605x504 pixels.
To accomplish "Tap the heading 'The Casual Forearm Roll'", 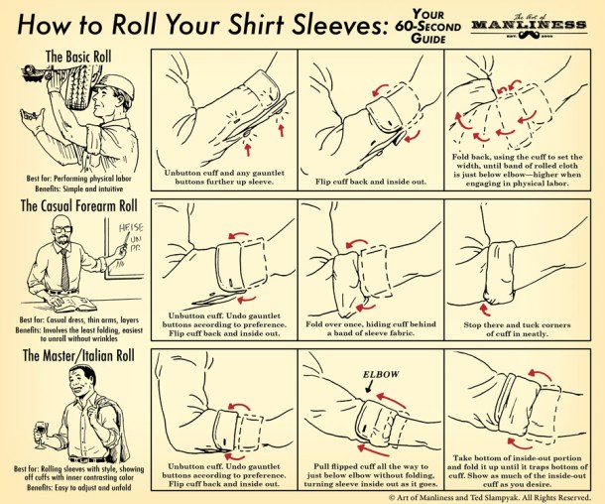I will click(x=78, y=206).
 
